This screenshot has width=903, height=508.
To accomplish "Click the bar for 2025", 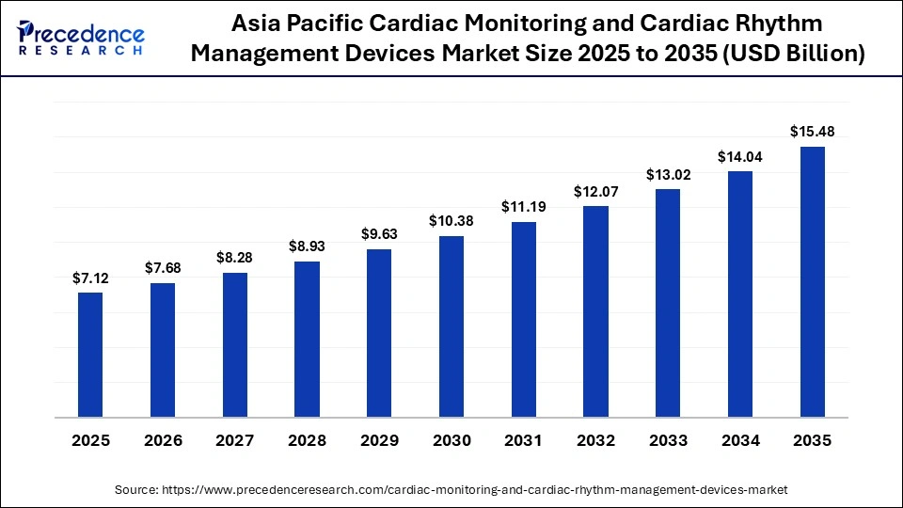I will pos(90,355).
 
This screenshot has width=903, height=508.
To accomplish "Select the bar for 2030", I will pos(451,326).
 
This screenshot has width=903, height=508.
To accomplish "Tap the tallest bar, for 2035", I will pos(813,281).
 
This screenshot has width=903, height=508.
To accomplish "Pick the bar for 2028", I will pos(307,339).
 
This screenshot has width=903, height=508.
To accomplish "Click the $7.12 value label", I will pos(90,278).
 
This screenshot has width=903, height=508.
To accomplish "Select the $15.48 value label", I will pos(813,131).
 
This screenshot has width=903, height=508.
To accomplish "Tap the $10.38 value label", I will pos(451,220).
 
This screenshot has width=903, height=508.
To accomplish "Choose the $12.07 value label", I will pos(595,191).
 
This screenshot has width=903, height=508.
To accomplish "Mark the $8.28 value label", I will pos(235,257).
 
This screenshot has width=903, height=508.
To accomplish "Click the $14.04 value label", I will pos(740,156).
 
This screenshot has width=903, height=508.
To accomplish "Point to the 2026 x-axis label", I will pos(163,440).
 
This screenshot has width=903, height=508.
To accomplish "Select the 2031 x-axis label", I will pos(524,440).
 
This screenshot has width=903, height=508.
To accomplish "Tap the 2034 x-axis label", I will pos(740,440).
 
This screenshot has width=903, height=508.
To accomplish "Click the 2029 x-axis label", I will pos(379,440).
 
